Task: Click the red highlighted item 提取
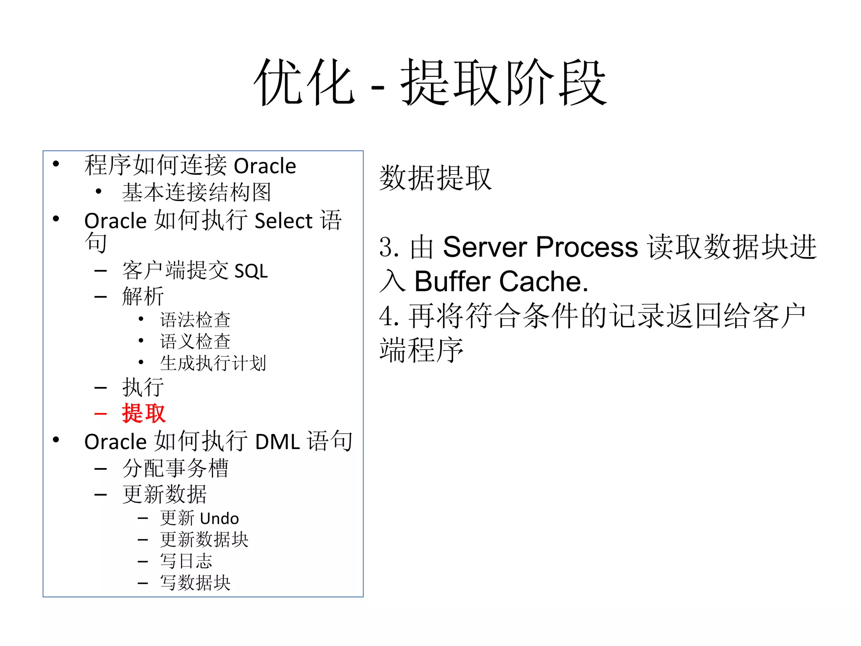tap(144, 413)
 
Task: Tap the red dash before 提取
tap(100, 414)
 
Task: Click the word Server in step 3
tap(484, 247)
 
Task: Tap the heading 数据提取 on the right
tap(435, 178)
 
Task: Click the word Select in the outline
tap(284, 221)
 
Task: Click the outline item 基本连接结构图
tap(196, 192)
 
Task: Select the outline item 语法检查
tap(195, 320)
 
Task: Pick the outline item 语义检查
tap(195, 342)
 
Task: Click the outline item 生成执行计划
tap(213, 363)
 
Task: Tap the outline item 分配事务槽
tap(175, 468)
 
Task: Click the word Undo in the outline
tap(219, 519)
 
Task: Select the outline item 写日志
tap(186, 561)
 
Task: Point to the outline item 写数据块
tap(195, 583)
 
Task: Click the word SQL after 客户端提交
tap(251, 271)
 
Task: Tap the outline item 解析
tap(143, 296)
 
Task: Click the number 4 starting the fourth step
tap(386, 316)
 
